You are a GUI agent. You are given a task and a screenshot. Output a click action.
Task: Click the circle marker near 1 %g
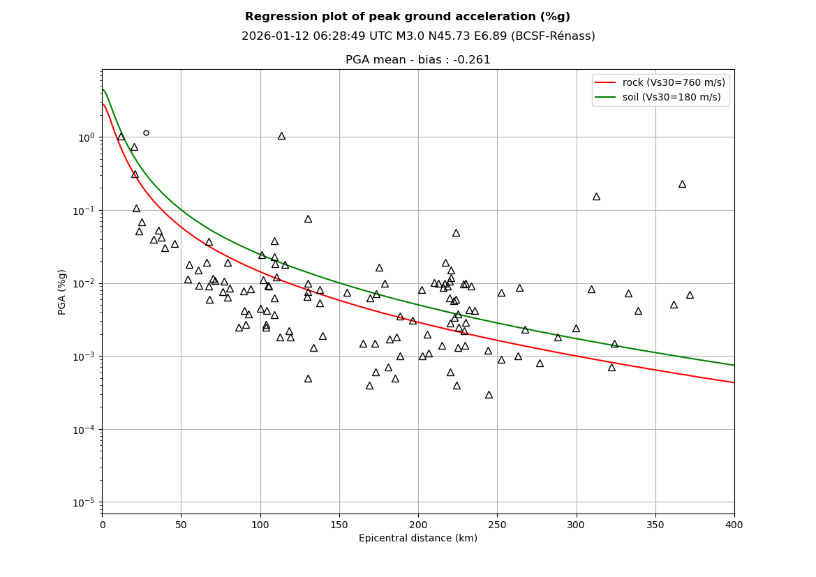[x=146, y=133]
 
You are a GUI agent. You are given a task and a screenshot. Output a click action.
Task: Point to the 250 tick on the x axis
[x=498, y=514]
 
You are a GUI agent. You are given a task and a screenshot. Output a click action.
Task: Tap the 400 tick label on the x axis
[x=734, y=525]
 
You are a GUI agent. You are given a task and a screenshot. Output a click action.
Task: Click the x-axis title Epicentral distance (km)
[x=418, y=539]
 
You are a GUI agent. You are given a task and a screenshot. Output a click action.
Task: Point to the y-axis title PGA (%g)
[x=62, y=292]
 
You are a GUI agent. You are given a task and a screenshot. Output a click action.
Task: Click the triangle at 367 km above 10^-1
[x=682, y=184]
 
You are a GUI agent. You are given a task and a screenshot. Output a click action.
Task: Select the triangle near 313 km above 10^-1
[x=596, y=197]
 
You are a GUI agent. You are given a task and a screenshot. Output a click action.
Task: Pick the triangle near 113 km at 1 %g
[x=281, y=136]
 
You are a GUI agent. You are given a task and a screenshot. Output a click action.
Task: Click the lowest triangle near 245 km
[x=489, y=395]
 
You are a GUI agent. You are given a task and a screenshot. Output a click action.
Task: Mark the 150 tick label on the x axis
[x=339, y=525]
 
